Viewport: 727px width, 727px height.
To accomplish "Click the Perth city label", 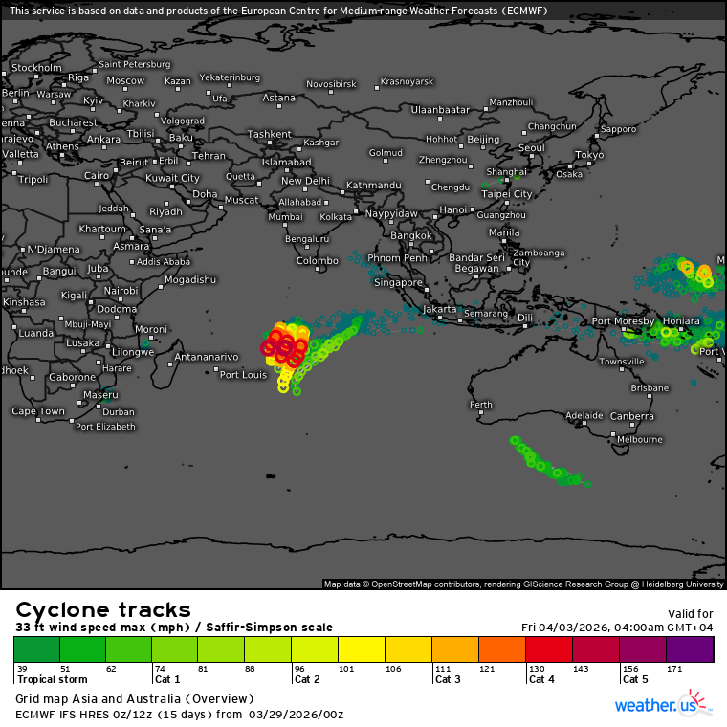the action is tap(481, 405).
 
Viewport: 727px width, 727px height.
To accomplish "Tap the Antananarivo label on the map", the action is tap(206, 358).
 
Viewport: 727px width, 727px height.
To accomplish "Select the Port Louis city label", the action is tap(243, 375).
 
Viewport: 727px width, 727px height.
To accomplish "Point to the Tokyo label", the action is tap(589, 155).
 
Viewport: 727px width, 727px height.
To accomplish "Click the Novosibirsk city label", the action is tap(331, 84).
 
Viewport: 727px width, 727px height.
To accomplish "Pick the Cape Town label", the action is tap(38, 411).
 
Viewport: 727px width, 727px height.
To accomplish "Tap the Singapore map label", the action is tap(398, 283).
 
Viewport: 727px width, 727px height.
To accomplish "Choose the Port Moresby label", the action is tap(624, 321).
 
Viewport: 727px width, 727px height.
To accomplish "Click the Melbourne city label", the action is tap(640, 440).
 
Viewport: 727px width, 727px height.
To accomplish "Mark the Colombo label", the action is tap(317, 261).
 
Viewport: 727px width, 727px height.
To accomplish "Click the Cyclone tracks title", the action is tap(103, 610).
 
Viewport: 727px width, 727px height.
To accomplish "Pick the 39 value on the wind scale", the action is tap(22, 669).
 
